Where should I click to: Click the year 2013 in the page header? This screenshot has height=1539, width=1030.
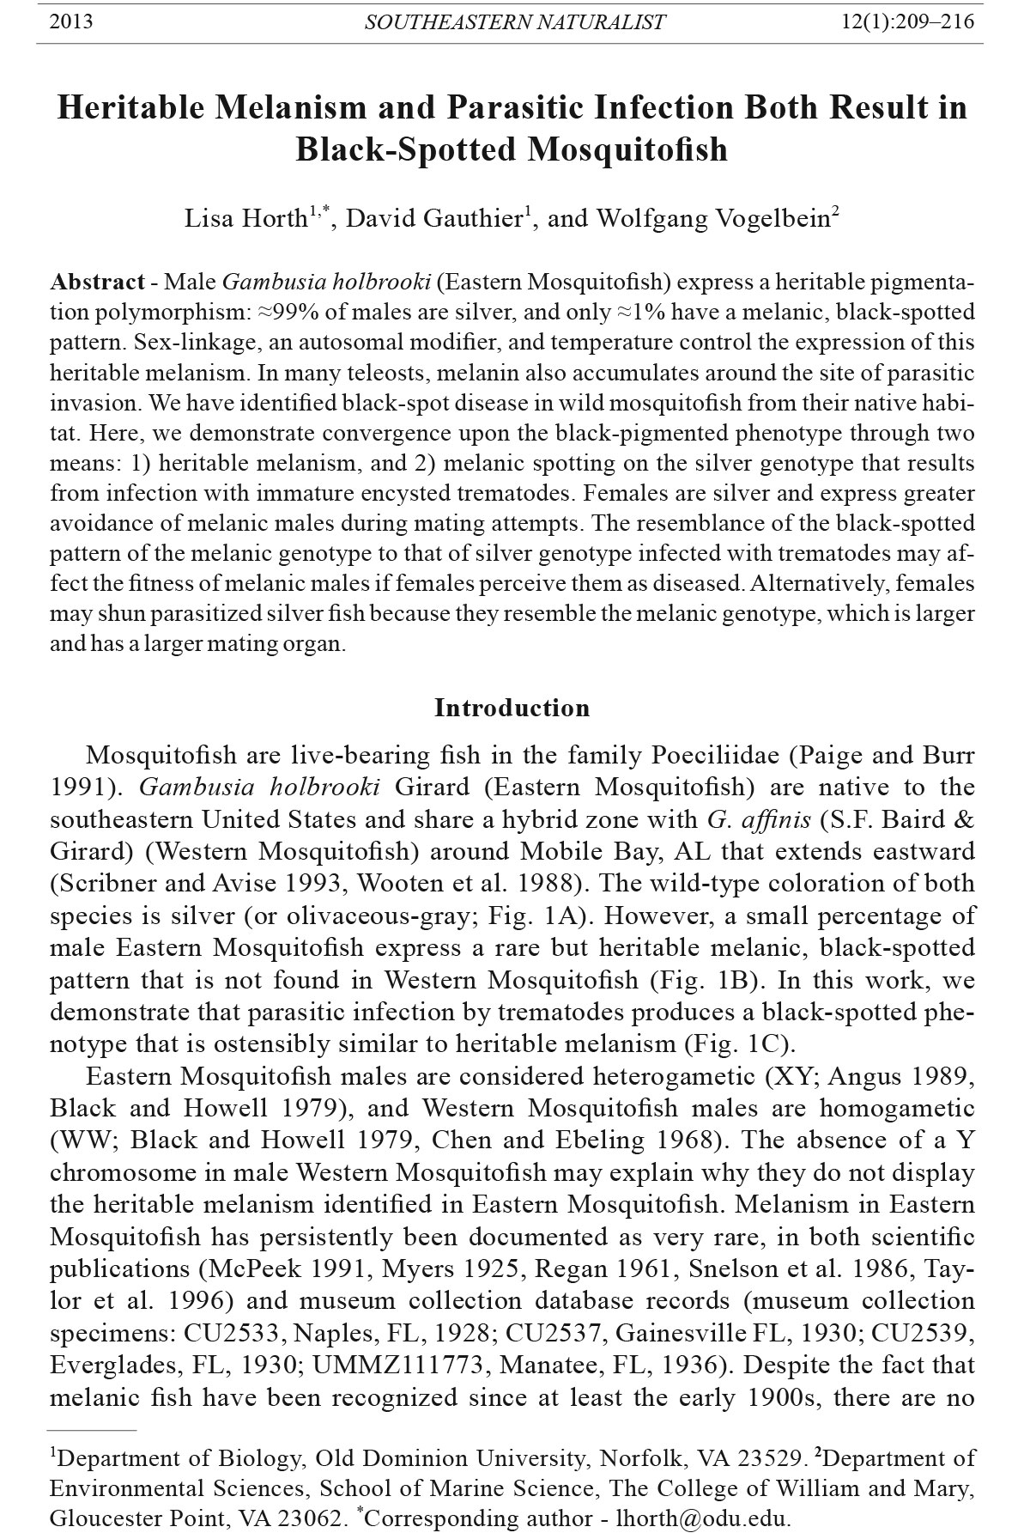click(x=72, y=21)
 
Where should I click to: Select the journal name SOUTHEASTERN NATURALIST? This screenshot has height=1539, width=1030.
click(x=515, y=22)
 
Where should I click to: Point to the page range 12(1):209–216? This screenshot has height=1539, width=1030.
click(x=909, y=21)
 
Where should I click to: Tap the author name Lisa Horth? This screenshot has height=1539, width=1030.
click(x=247, y=218)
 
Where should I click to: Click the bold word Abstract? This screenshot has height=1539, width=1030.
click(x=98, y=282)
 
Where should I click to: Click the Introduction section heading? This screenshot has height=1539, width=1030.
click(x=512, y=708)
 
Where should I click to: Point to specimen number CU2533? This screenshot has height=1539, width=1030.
click(x=231, y=1332)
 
